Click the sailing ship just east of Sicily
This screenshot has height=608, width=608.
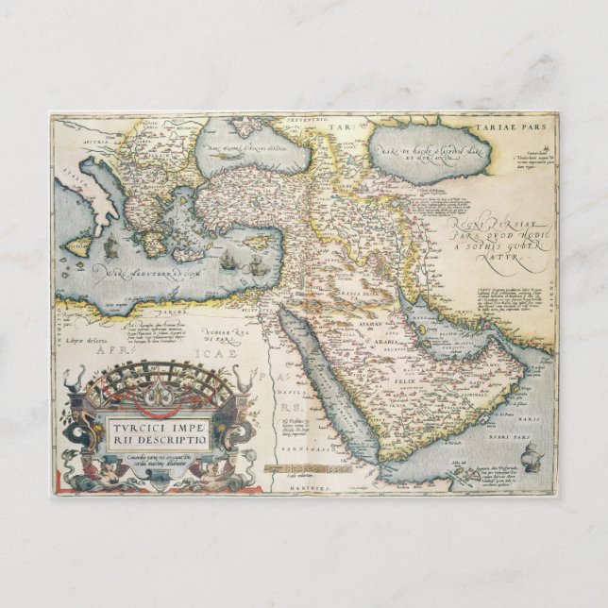(111, 248)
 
